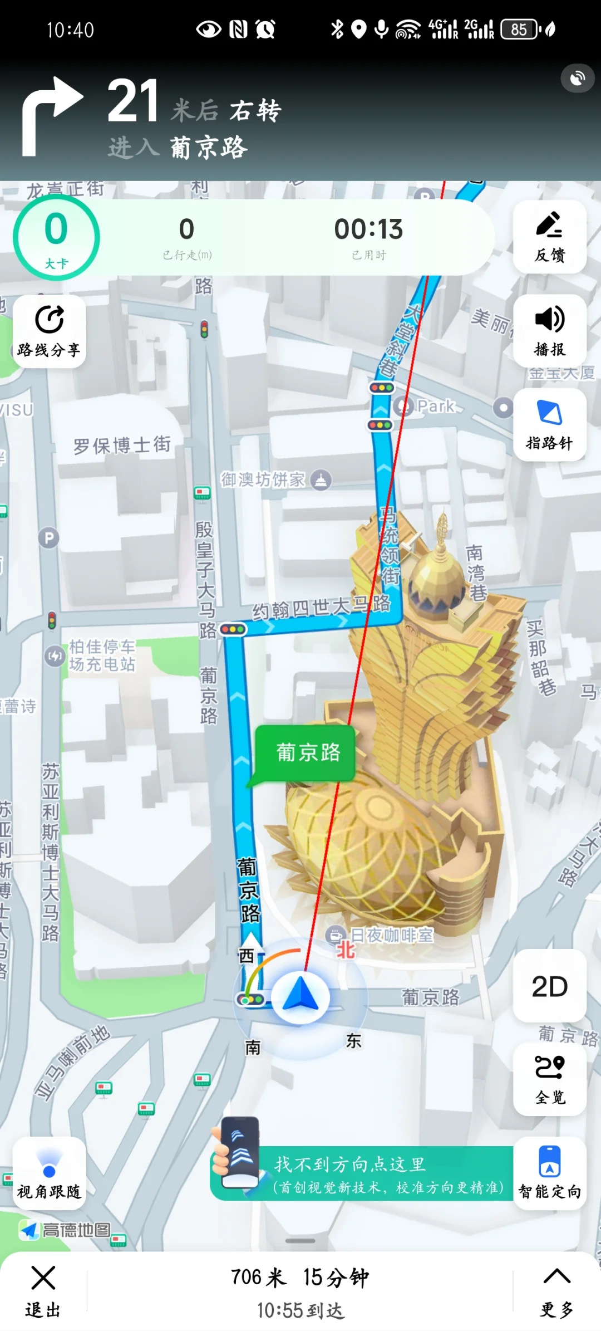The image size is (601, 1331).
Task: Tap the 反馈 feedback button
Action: (549, 237)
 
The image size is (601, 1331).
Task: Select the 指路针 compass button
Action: (549, 425)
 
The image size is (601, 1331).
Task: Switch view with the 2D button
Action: (549, 986)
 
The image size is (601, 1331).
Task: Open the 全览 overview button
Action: (549, 1079)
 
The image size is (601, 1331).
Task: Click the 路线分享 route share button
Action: (49, 331)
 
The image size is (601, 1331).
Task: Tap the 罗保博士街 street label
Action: (122, 445)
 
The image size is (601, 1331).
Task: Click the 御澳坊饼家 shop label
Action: (263, 479)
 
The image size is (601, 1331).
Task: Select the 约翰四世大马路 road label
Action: (321, 607)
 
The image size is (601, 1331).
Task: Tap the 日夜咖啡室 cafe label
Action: (391, 936)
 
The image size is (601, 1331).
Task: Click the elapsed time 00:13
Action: (368, 229)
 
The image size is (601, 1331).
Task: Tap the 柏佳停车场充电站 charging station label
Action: (101, 655)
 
